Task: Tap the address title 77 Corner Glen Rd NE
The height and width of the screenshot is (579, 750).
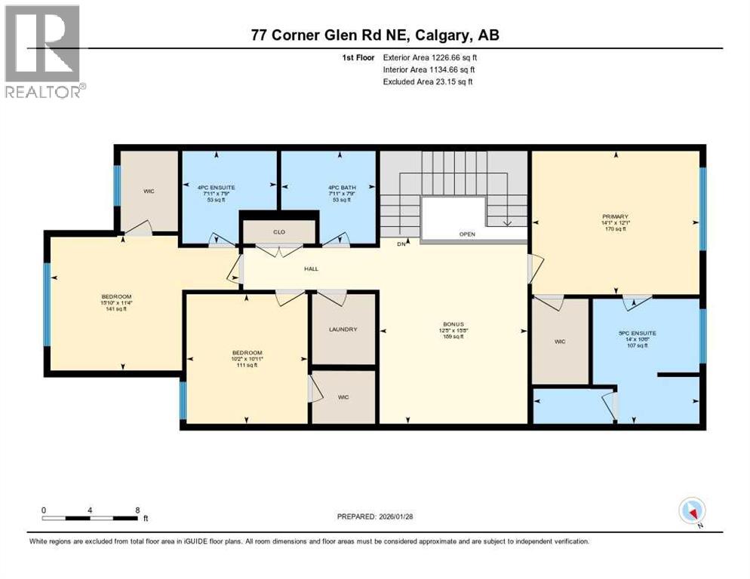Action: [374, 35]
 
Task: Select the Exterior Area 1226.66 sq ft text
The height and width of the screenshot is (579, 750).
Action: [430, 57]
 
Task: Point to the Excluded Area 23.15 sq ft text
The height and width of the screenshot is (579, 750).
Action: [429, 81]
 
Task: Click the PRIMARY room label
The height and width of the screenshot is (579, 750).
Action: [616, 216]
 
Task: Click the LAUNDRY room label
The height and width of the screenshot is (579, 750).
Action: [343, 329]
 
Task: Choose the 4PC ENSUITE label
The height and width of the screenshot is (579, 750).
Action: [217, 187]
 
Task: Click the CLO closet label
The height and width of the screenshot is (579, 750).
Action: [278, 233]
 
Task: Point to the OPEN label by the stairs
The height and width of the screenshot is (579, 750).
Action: [469, 234]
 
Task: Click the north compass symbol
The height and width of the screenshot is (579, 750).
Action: [692, 511]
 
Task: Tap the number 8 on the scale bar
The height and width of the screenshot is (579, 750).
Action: [137, 510]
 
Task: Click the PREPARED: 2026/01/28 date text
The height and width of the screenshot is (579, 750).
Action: [374, 517]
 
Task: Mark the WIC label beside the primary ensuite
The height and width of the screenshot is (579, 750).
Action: [560, 342]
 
